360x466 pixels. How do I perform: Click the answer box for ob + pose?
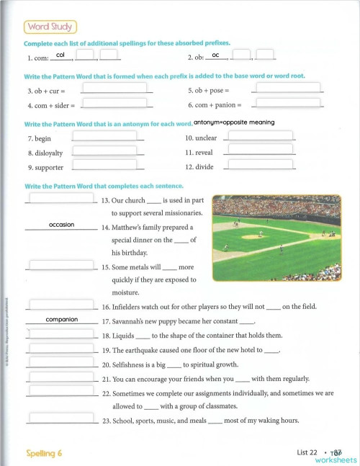coord(287,89)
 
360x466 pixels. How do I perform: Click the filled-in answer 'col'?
coord(60,55)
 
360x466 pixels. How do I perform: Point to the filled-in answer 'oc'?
coord(215,55)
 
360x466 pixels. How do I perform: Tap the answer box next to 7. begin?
coord(105,135)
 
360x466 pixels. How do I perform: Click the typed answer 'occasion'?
coord(61,225)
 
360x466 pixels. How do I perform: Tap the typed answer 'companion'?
coord(61,319)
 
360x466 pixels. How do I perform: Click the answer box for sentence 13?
coord(61,198)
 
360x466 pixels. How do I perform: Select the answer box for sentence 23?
coord(61,418)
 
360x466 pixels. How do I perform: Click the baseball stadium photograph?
coord(277,238)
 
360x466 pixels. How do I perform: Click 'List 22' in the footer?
coord(307,452)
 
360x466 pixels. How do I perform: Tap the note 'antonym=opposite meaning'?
coord(234,122)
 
